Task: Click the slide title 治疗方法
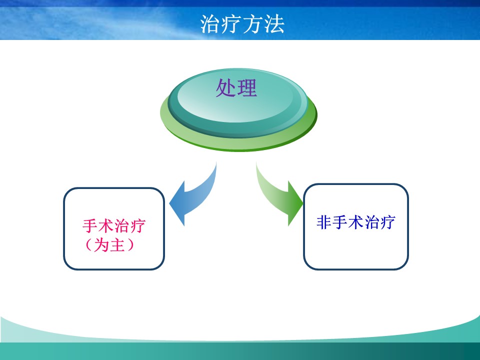(242, 24)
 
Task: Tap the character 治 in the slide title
(210, 24)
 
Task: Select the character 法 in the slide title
(274, 24)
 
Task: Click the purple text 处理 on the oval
(236, 88)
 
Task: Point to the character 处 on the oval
(226, 88)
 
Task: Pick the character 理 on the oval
(247, 88)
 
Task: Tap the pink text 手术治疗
(114, 226)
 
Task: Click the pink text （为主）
(109, 245)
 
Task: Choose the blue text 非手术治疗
(355, 222)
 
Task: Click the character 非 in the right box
(324, 222)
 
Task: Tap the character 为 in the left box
(101, 245)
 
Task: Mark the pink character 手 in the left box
(90, 226)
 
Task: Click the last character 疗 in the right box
(388, 222)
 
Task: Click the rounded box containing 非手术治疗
(355, 184)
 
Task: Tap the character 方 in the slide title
(253, 24)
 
